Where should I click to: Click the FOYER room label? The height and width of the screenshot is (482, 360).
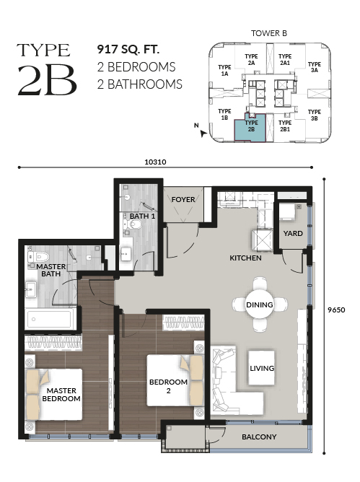pos(183,199)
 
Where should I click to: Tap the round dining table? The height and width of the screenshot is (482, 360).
pos(259,304)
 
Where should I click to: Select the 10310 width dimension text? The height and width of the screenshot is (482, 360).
pos(156,162)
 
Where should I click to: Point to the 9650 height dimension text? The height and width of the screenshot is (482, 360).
pos(336,310)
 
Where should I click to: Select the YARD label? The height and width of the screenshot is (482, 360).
pos(293,233)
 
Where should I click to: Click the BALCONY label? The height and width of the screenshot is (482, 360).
pos(259,437)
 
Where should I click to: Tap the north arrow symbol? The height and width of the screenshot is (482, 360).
pos(203,133)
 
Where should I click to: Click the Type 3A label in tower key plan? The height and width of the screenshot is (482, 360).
pos(315,67)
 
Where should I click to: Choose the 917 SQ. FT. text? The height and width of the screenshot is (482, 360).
pos(128,49)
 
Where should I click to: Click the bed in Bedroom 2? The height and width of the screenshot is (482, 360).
pos(175,380)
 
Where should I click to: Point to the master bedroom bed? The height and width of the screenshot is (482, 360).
pos(53,395)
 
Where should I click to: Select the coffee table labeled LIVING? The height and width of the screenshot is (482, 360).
pos(261,368)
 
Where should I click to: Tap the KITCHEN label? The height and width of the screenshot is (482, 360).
pos(245,258)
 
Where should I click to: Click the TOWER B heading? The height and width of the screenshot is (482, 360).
pos(269,33)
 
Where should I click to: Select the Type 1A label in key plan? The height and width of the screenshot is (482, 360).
pos(224,71)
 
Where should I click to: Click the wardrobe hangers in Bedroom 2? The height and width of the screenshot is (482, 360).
pos(183,323)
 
